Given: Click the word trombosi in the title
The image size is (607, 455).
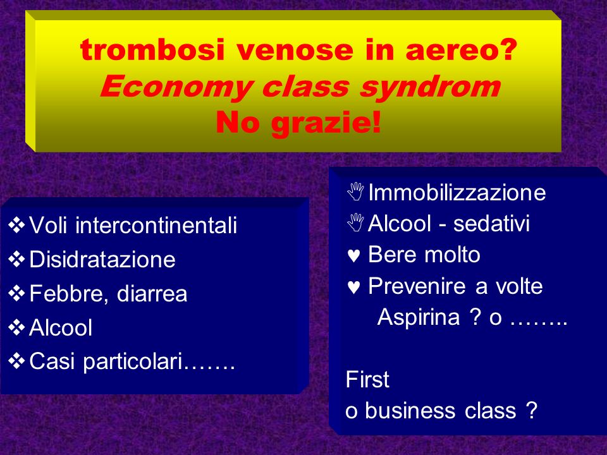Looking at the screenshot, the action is point(152,50).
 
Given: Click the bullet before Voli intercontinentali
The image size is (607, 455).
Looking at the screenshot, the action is point(16,225).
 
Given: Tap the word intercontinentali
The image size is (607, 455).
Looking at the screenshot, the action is point(156,225).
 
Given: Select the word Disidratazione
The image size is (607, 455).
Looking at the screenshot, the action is point(102,259).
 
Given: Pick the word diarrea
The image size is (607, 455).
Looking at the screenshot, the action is point(152,293).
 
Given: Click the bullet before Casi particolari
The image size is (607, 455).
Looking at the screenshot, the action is point(16,361).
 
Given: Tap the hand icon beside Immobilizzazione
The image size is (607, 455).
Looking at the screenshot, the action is point(355,191).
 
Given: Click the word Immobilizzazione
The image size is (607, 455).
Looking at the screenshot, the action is point(457,192).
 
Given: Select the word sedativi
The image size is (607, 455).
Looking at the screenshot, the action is point(491,223).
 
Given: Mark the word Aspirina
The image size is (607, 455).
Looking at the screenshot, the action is point(419,317).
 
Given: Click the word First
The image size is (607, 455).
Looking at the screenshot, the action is point(367,379).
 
